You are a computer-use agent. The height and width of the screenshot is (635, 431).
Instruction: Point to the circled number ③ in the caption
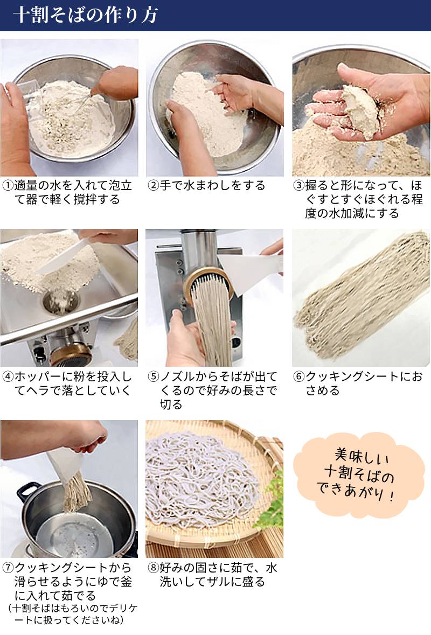point(298,186)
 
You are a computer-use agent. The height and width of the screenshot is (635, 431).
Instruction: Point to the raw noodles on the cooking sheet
point(361,296)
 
